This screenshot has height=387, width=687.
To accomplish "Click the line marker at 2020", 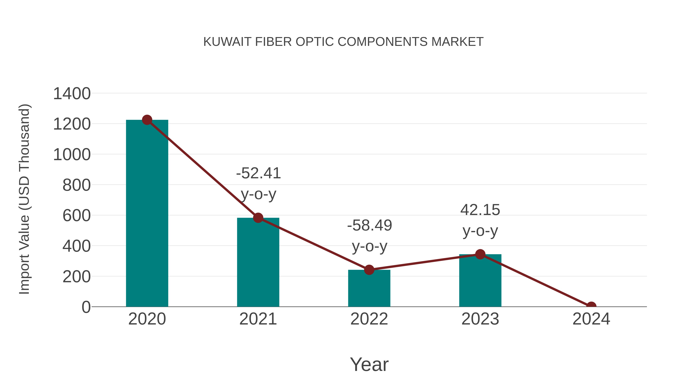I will point(147,120).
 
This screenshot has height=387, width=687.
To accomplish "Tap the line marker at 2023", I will point(480,254).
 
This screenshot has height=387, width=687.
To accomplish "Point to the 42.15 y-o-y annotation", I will point(480,220).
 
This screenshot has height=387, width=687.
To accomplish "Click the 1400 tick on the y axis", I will point(72,94).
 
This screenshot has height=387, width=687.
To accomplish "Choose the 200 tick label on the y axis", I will point(76,277).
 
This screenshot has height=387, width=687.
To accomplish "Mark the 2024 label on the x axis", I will point(591,319).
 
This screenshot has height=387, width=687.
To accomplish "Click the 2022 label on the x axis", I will point(369,319).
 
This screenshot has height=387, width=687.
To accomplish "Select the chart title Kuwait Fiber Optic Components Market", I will point(343,42).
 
